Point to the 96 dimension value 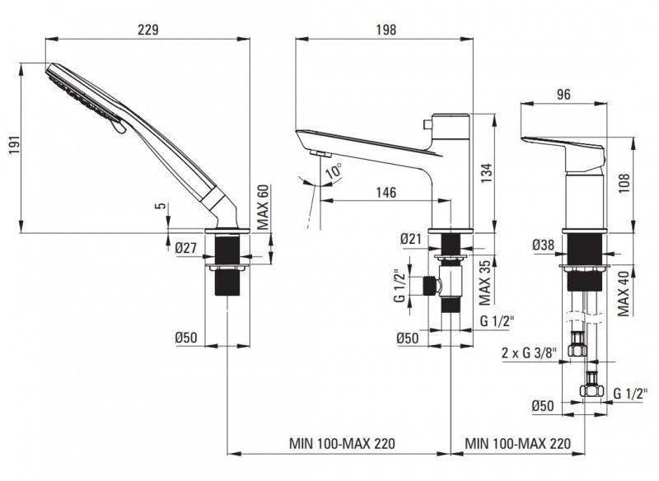pos(563,95)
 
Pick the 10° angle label pos(332,172)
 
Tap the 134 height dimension pos(486,170)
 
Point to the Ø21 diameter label pos(412,239)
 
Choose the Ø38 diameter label pos(544,245)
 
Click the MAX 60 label pos(264,206)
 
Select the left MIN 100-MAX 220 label pos(342,443)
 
